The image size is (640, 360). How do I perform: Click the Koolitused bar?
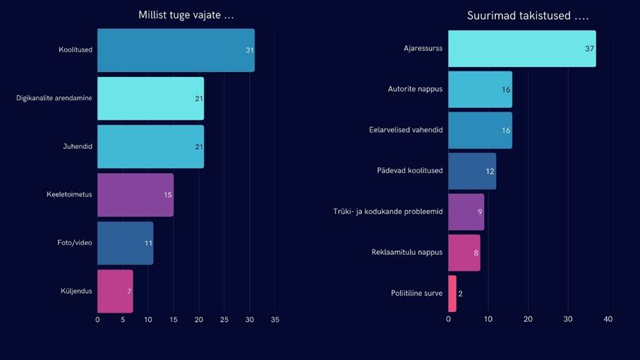[176, 50]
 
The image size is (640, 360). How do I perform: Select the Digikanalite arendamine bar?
[150, 98]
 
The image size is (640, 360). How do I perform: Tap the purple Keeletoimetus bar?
[135, 195]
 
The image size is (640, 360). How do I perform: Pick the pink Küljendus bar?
[115, 291]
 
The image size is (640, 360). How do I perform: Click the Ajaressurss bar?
[521, 49]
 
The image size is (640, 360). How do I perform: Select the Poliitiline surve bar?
[452, 294]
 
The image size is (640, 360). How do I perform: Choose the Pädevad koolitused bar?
[472, 171]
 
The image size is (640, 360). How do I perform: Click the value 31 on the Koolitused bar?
[250, 51]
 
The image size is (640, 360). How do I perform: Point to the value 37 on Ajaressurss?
[589, 49]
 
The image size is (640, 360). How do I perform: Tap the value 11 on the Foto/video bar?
[148, 244]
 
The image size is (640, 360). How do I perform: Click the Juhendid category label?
[78, 147]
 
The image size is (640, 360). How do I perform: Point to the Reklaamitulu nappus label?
[407, 253]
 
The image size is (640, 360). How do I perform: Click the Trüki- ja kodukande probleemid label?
[388, 212]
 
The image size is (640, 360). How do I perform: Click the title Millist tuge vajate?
[186, 16]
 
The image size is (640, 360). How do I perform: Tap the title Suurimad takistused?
[528, 16]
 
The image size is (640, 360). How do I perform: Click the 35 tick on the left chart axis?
[275, 320]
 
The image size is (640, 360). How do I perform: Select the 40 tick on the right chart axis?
[608, 320]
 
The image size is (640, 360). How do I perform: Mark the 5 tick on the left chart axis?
[123, 320]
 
